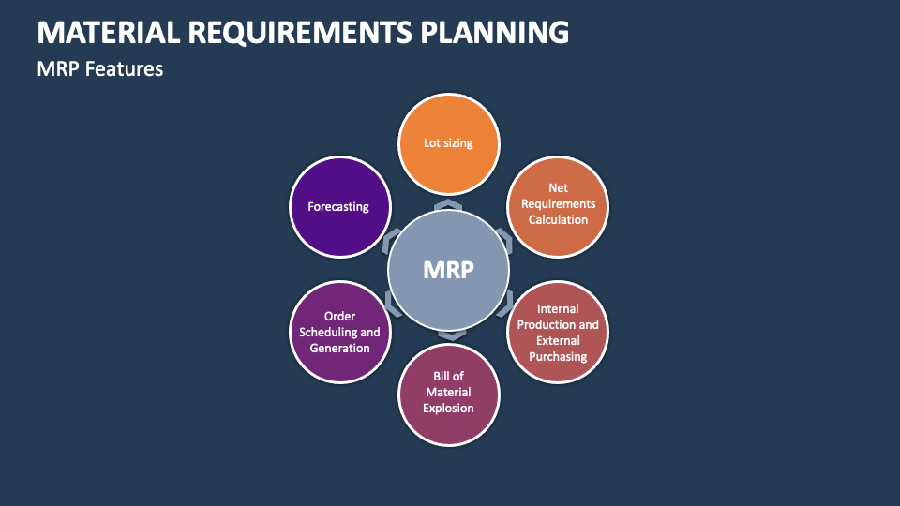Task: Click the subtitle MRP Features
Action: click(100, 68)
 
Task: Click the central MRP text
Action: click(448, 270)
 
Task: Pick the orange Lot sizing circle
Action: click(448, 143)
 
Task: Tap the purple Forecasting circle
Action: click(338, 206)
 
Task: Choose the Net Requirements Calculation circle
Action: click(558, 204)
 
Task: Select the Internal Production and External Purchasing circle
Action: click(558, 332)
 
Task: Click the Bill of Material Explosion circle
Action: click(448, 393)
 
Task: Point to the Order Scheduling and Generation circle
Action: click(339, 332)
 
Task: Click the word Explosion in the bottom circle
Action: click(448, 409)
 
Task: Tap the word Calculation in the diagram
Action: click(558, 220)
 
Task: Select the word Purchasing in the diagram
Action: click(558, 356)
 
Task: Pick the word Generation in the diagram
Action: click(339, 348)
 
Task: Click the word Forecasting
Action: click(338, 206)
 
